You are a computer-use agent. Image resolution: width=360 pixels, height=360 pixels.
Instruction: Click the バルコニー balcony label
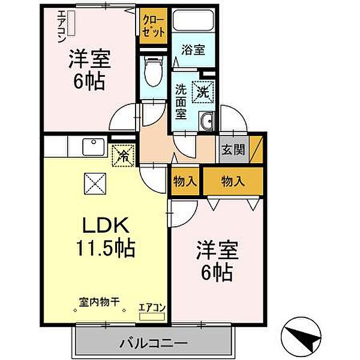click(x=153, y=344)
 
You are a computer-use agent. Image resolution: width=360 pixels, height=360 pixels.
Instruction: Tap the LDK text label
click(x=106, y=226)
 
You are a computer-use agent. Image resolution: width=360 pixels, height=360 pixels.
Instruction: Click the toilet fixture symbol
click(x=153, y=71)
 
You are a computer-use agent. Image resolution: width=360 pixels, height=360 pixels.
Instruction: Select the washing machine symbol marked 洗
click(x=202, y=91)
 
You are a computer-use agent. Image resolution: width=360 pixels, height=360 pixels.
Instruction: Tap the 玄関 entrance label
click(x=233, y=150)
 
